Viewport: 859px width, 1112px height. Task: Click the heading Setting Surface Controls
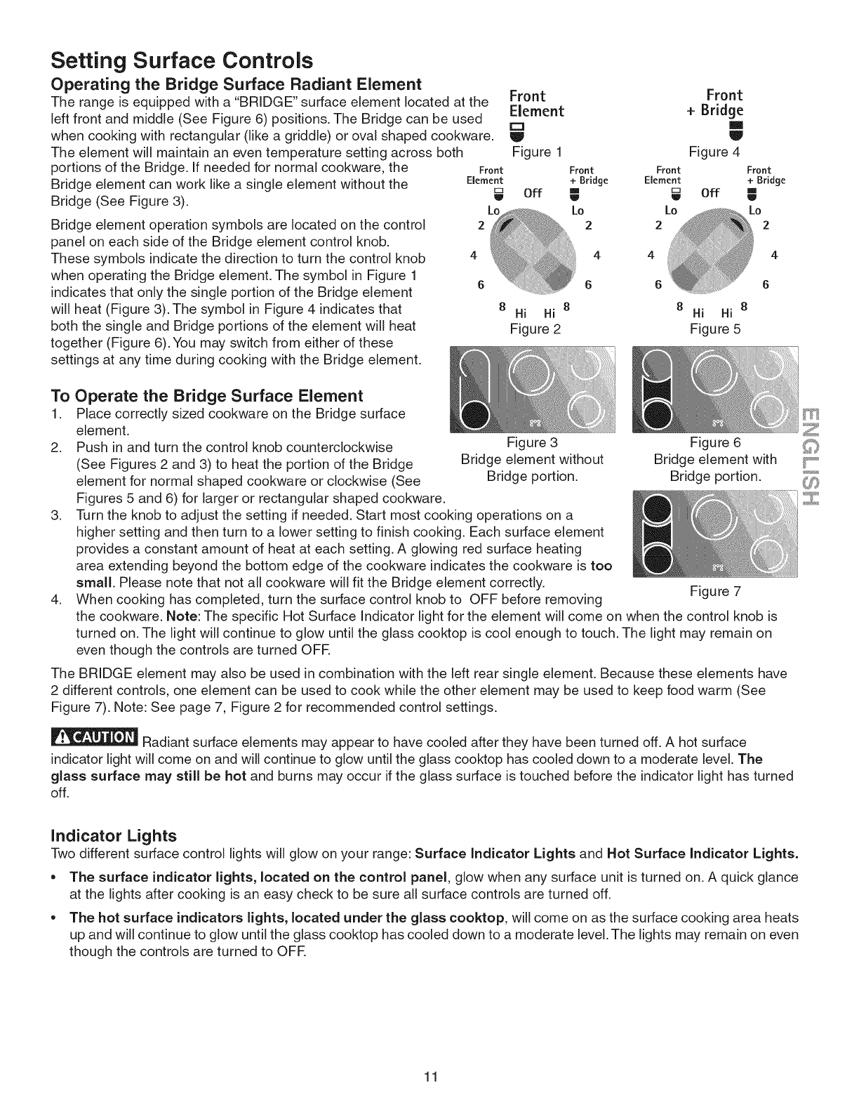pos(182,57)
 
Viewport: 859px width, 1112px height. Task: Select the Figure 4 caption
pos(714,152)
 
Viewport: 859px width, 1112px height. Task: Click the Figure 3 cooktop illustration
pos(534,391)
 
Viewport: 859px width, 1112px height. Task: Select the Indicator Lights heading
pos(114,835)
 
